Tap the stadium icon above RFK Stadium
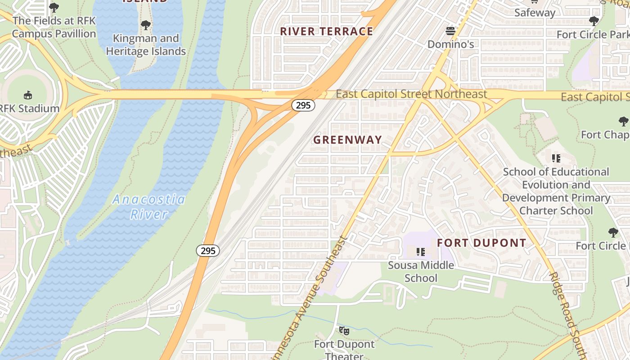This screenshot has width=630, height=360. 28,95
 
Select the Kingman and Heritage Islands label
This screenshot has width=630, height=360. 146,45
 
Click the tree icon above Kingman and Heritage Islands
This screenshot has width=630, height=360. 145,25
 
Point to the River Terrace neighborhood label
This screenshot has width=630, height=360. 327,31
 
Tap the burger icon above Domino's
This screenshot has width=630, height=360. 450,31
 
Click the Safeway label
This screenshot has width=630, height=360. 535,13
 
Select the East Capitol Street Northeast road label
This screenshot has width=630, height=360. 411,94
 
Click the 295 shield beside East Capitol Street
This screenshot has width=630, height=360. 303,105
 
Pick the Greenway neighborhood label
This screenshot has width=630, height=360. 347,140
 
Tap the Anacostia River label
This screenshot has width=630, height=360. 148,207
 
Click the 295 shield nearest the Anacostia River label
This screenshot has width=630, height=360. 208,251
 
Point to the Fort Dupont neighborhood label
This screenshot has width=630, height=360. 481,243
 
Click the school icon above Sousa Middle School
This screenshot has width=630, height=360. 421,252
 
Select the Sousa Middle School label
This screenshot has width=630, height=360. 421,271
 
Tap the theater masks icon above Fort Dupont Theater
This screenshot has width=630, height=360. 344,331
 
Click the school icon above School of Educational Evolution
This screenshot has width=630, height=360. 556,158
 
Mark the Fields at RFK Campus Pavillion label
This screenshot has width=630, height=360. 54,27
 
